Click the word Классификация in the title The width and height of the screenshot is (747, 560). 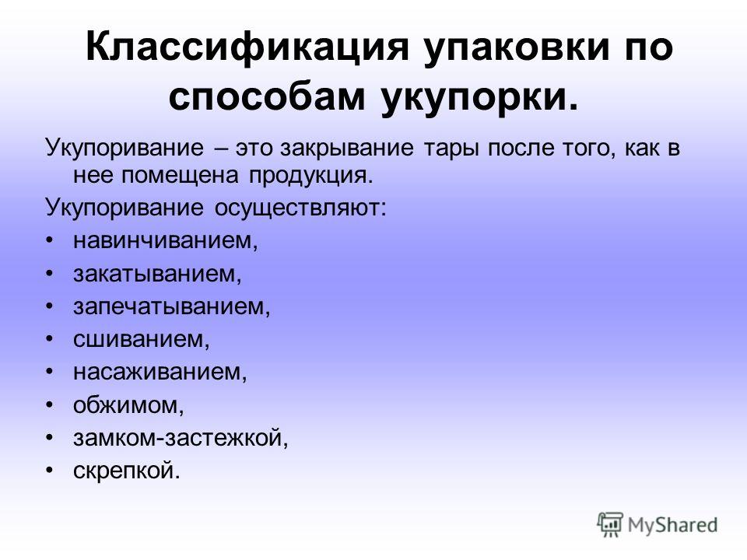pyautogui.click(x=247, y=48)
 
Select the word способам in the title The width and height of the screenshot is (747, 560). pyautogui.click(x=267, y=97)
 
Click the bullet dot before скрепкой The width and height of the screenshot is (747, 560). pyautogui.click(x=49, y=471)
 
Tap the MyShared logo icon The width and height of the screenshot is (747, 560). pyautogui.click(x=610, y=525)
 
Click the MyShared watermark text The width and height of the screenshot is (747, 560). pyautogui.click(x=672, y=526)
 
